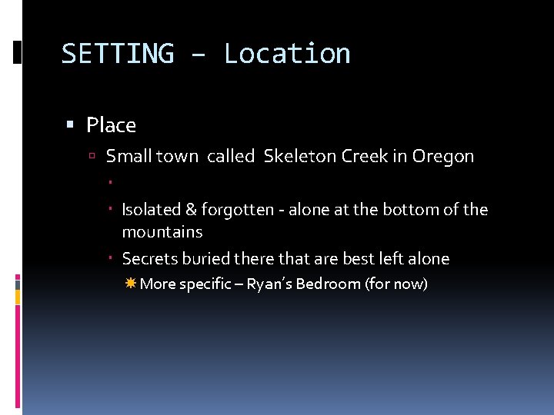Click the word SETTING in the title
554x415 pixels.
(x=117, y=54)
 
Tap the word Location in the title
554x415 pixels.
(x=287, y=54)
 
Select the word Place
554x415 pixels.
(x=111, y=125)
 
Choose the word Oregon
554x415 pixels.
(x=443, y=157)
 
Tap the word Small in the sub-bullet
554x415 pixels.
(x=128, y=157)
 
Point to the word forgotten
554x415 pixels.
(x=236, y=210)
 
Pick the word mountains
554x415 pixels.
(x=162, y=232)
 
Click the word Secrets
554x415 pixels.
(x=149, y=259)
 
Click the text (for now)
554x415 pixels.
(x=396, y=284)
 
